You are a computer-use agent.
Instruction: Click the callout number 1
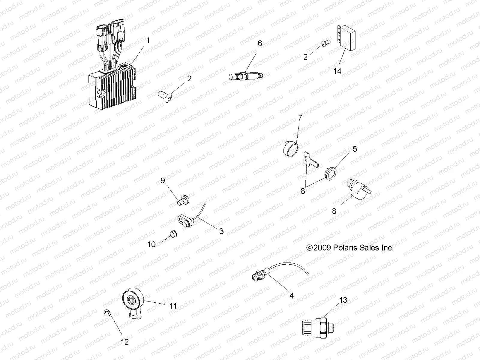point(148,40)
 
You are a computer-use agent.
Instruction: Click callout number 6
point(260,43)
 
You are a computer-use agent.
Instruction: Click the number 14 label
point(337,71)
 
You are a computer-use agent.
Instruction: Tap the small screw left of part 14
point(325,43)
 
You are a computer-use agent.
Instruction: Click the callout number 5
point(355,149)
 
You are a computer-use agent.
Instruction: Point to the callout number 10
point(151,244)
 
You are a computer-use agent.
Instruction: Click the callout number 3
point(221,231)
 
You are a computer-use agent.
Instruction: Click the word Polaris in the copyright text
point(343,248)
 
